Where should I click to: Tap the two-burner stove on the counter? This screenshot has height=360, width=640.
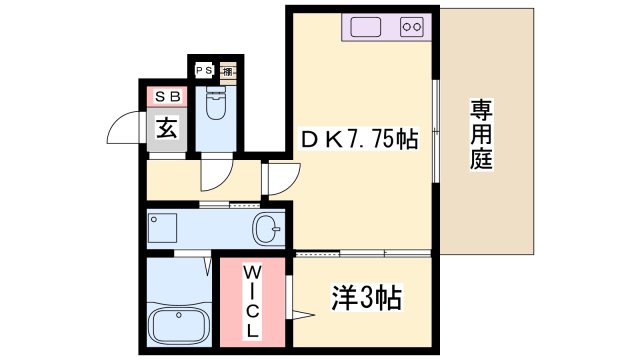pyautogui.click(x=410, y=27)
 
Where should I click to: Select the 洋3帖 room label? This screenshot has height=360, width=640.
pyautogui.click(x=367, y=297)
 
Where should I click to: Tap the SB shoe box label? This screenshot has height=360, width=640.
pyautogui.click(x=167, y=96)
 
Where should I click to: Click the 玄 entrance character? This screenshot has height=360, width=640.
pyautogui.click(x=166, y=128)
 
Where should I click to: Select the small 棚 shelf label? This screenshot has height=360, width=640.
pyautogui.click(x=228, y=71)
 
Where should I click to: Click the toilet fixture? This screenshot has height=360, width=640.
pyautogui.click(x=214, y=103)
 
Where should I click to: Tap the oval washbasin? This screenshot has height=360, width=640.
pyautogui.click(x=267, y=229)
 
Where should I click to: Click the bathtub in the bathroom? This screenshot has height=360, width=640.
pyautogui.click(x=175, y=325)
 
